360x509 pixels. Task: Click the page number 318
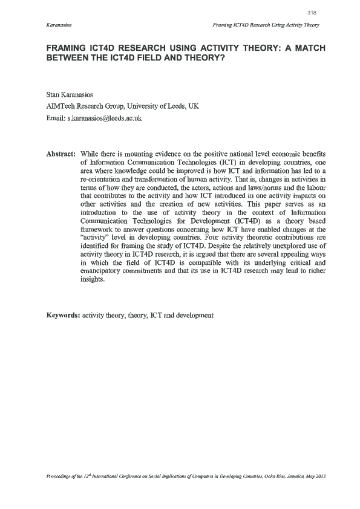(312, 12)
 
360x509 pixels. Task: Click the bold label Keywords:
(63, 316)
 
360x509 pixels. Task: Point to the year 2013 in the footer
(320, 476)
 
